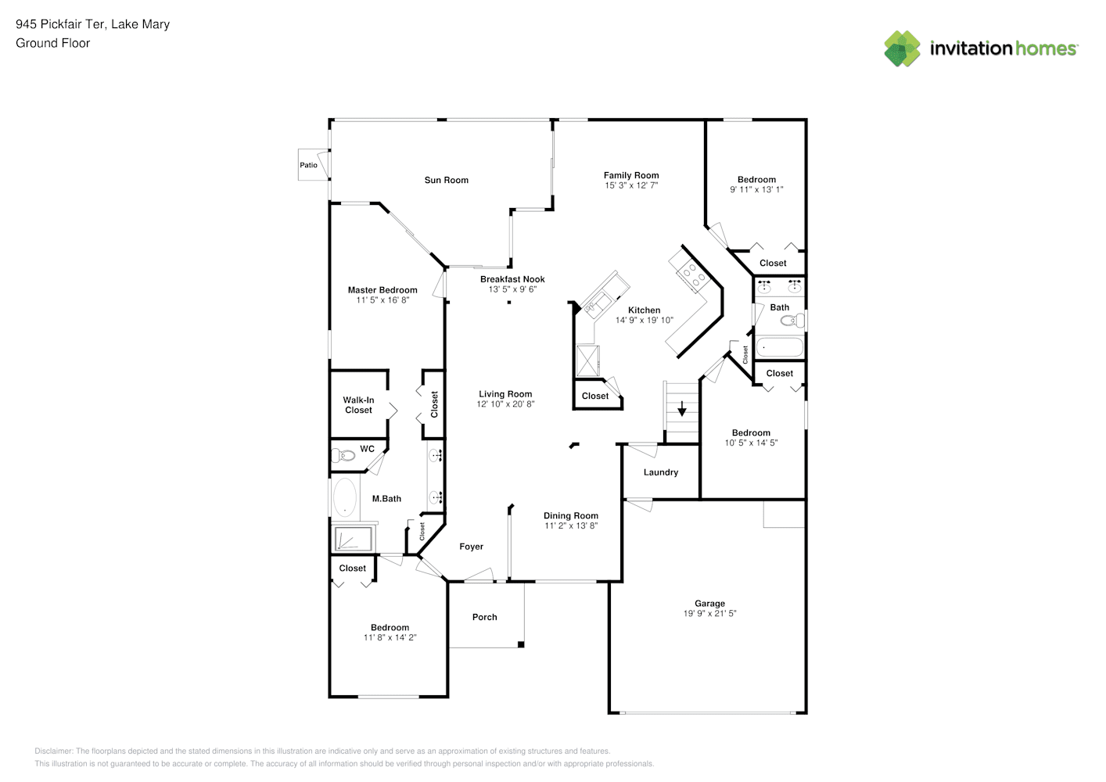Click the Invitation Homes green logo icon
coord(902,48)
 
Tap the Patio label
coord(309,165)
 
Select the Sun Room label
coord(447,180)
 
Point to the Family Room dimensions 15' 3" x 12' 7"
coord(631,186)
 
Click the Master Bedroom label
coord(382,290)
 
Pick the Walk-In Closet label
coord(358,405)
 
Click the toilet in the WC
coord(343,455)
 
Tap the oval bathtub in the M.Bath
coord(343,497)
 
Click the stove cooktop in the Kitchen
coord(691,274)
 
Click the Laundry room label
coord(661,472)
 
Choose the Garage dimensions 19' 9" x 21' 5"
coord(709,614)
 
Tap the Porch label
coord(485,617)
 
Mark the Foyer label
coord(471,547)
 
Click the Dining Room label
coord(571,516)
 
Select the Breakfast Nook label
coord(512,279)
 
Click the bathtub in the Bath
coord(779,346)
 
